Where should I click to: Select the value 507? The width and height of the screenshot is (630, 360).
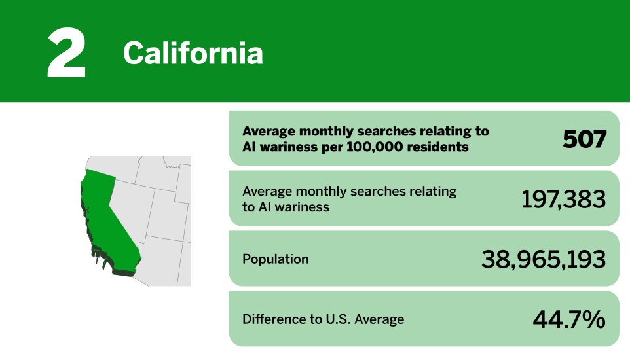point(584,139)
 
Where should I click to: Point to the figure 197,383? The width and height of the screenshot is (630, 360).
point(563,199)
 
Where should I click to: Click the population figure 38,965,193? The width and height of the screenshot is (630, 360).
point(544,259)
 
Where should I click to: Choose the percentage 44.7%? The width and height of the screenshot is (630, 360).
point(568,319)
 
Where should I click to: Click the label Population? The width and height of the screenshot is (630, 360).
point(275,259)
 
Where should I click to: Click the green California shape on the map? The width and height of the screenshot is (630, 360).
point(108,209)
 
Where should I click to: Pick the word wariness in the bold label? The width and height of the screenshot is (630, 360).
point(286,147)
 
